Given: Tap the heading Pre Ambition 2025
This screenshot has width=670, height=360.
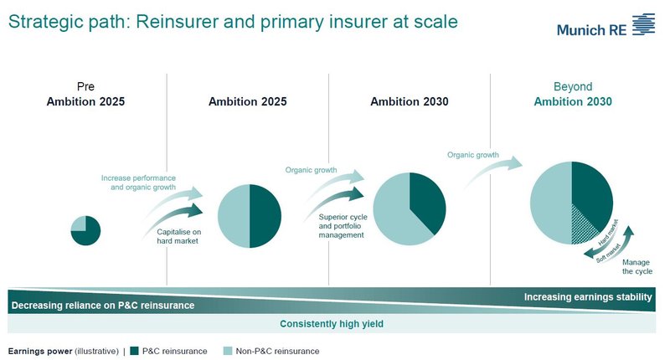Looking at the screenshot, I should pos(86,94).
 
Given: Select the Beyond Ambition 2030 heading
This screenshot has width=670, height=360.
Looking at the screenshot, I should pos(573,94).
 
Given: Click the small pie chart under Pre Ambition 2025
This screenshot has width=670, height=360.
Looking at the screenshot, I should pos(85,230).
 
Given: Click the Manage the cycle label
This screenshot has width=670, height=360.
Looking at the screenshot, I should pos(636,266).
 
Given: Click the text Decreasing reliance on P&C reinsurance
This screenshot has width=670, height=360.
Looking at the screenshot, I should pos(103,306).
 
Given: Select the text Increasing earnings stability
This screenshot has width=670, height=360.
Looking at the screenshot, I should pos(587,297).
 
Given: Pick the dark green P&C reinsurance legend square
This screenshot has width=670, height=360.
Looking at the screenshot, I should pos(133,350).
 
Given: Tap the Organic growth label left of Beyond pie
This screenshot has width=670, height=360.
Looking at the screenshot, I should pos(472,155).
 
